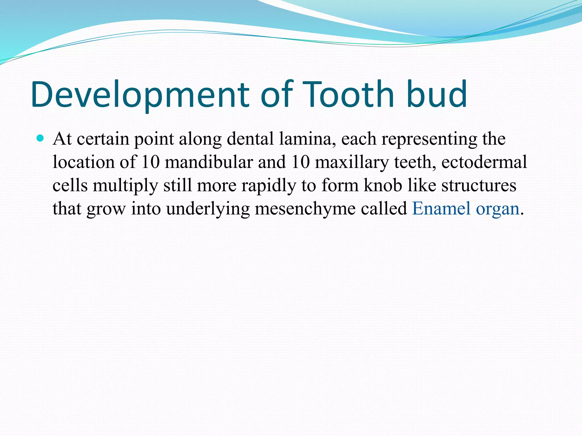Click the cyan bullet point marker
(x=40, y=139)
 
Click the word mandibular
(x=209, y=162)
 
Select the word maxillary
(x=352, y=162)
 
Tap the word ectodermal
(x=484, y=162)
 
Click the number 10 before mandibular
(x=150, y=162)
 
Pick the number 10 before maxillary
(x=300, y=162)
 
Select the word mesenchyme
(x=305, y=209)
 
